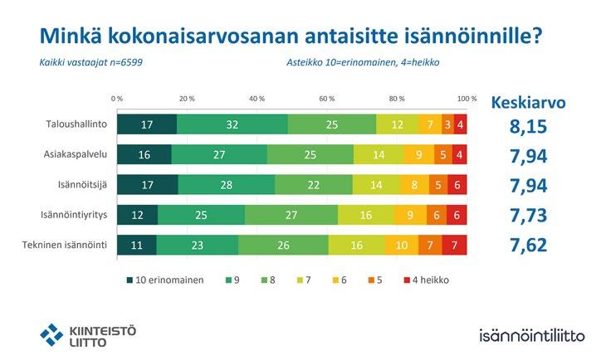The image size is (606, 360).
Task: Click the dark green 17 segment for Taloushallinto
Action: pos(146,124)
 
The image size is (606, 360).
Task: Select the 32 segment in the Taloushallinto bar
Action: pos(232,124)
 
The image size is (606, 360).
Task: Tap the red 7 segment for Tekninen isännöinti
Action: pos(455,245)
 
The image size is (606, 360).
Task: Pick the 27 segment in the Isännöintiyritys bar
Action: pos(291,214)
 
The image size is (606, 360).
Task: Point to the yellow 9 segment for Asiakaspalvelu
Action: pos(419,154)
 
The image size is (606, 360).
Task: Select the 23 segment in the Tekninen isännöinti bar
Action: pos(197,245)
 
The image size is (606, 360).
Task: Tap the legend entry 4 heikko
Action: pos(425,280)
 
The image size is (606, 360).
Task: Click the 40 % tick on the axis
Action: pos(257,98)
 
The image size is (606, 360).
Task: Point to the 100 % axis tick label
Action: pos(467,98)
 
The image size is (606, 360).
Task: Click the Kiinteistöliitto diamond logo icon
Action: pos(51,334)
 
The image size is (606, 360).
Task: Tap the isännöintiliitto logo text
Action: pos(532,335)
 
